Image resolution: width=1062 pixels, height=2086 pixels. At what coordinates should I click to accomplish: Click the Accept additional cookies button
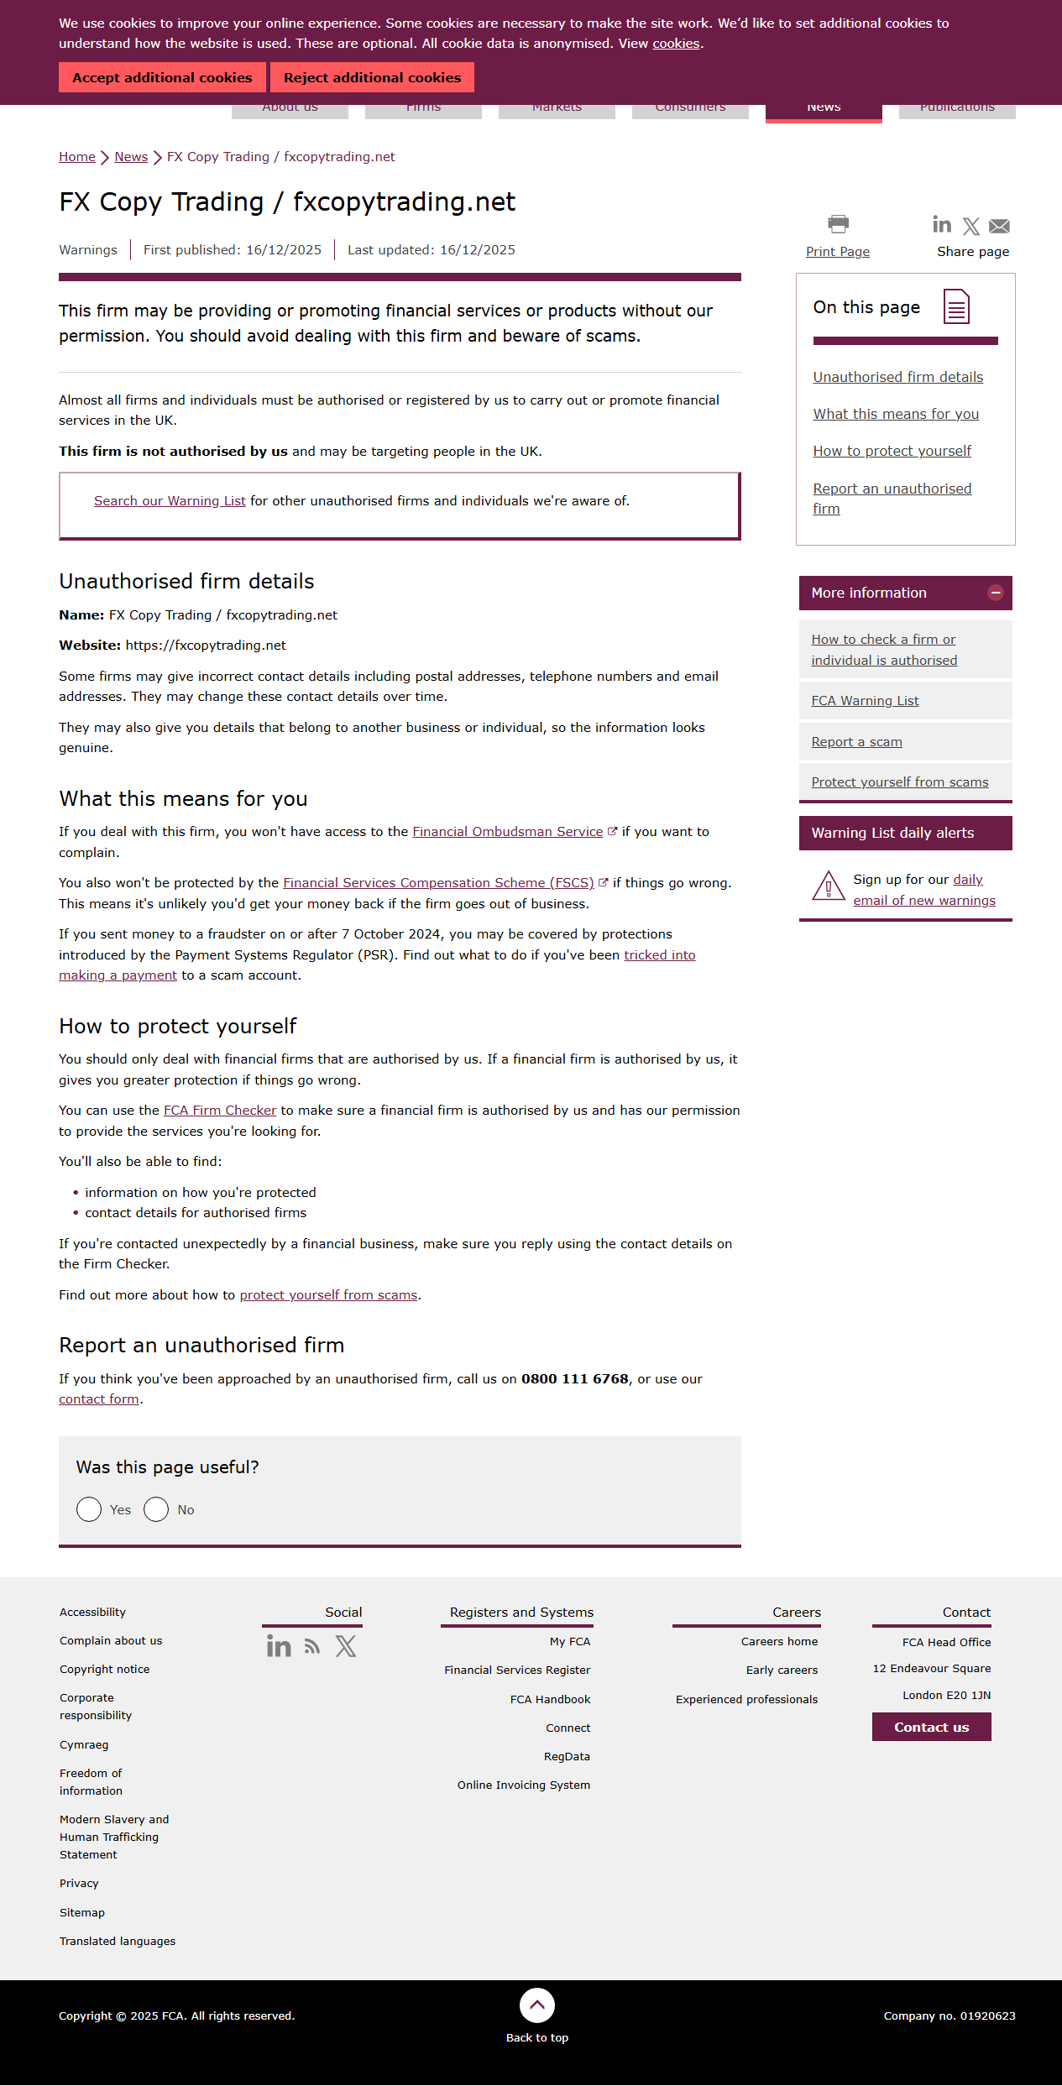(162, 77)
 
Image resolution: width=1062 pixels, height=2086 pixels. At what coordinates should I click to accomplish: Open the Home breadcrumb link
(77, 157)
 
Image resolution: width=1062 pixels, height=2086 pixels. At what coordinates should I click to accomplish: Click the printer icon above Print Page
(838, 224)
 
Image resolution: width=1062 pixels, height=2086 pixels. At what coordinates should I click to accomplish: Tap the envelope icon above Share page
(999, 226)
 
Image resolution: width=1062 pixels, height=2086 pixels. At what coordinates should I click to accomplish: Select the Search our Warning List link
(170, 501)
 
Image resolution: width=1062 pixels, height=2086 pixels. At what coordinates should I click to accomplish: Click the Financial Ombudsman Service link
(507, 832)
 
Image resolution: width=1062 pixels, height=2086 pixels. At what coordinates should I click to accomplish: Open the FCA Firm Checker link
(220, 1111)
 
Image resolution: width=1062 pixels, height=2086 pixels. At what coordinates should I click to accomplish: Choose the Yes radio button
(89, 1510)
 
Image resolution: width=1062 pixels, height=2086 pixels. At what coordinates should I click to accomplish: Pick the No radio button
(156, 1510)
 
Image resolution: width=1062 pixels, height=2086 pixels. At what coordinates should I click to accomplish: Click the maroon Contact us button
(931, 1728)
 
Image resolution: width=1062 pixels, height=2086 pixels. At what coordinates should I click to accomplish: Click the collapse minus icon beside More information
(996, 593)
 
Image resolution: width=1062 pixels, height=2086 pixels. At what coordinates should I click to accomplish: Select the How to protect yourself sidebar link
(892, 452)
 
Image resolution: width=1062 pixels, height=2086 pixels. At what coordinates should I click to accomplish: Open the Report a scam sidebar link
(856, 742)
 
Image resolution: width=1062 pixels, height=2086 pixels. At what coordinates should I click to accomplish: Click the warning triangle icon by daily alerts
(829, 886)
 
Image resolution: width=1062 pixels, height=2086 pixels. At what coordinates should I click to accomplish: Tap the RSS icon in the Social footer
(312, 1647)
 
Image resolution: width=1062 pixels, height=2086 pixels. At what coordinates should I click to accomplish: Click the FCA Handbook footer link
(550, 1700)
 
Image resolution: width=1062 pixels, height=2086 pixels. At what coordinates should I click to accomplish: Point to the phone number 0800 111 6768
(575, 1379)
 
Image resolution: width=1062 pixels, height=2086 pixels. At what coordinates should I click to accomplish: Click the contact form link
(99, 1399)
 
